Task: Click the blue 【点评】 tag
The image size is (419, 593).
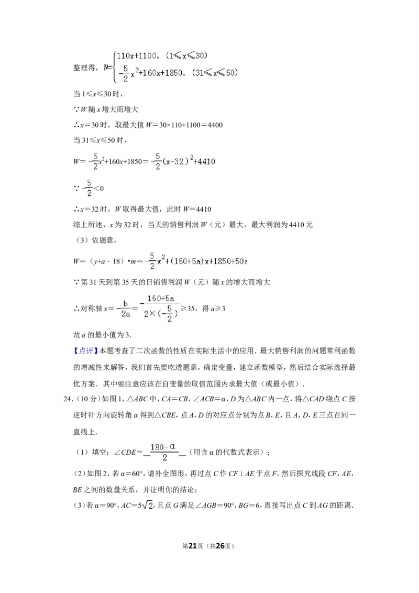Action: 86,351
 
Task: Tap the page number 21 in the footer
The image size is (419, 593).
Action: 193,546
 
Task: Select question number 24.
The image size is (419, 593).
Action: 68,399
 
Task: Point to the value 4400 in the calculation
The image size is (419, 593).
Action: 215,125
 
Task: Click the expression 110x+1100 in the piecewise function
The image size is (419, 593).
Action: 137,56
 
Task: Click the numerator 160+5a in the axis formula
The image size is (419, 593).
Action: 161,299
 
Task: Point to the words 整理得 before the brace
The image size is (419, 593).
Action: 84,68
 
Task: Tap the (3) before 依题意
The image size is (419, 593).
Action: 82,240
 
